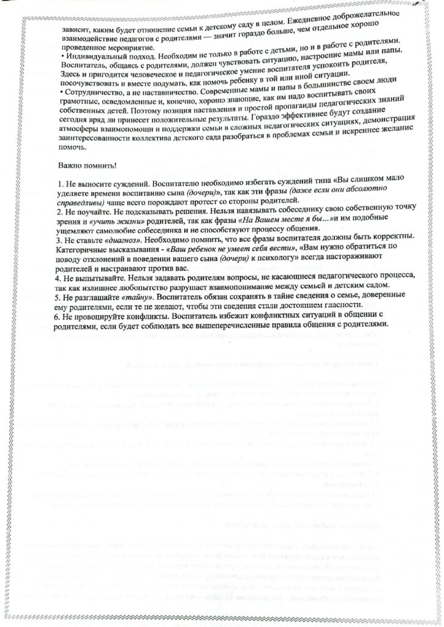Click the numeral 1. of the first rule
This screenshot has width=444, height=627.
pyautogui.click(x=59, y=184)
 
